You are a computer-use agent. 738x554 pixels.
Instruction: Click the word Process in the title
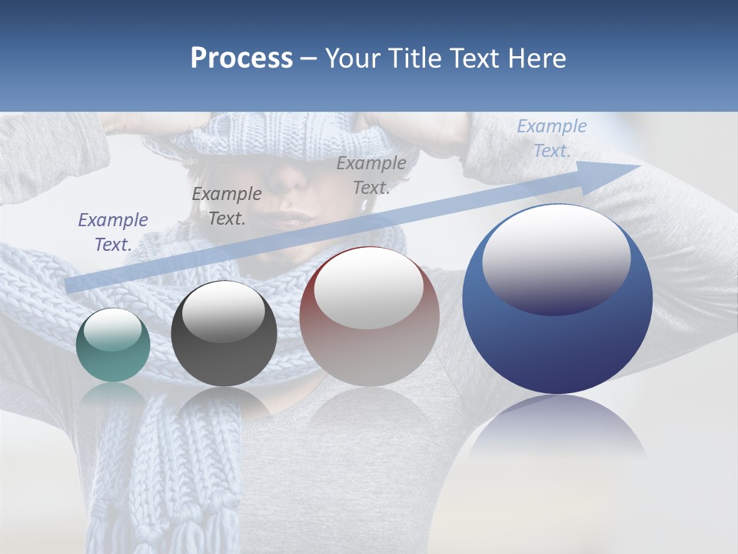tap(241, 58)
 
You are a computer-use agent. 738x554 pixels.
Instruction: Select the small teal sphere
tap(113, 345)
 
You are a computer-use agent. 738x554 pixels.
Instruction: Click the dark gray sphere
tap(224, 334)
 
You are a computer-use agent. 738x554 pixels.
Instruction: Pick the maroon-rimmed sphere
tap(369, 317)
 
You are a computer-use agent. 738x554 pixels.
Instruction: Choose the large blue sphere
tap(557, 299)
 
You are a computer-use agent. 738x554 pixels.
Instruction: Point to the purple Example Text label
tap(113, 232)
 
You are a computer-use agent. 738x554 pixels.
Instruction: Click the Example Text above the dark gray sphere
tap(227, 206)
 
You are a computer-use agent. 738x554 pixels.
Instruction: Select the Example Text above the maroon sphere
tap(371, 175)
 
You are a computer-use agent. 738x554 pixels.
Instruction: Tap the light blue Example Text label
tap(551, 138)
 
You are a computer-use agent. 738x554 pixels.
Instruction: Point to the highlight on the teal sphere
tap(112, 329)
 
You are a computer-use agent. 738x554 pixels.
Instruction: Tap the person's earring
tap(365, 205)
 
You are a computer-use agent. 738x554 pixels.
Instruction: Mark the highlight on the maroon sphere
tap(368, 286)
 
